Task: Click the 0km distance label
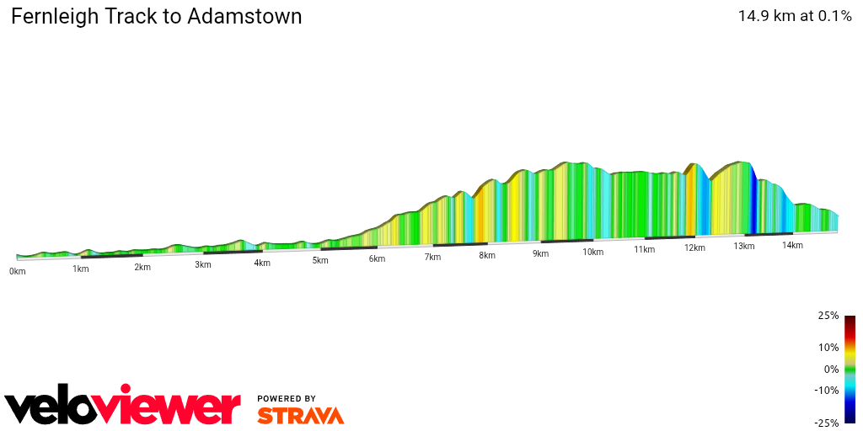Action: tap(17, 271)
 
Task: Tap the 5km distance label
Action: tap(319, 260)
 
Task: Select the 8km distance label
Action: tap(486, 255)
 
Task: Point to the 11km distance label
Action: tap(644, 249)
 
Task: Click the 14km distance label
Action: tap(791, 245)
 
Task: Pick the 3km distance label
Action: tap(202, 264)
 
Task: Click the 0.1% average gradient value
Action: tap(834, 16)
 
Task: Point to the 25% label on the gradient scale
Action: tap(828, 316)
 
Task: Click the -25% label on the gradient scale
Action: tap(827, 423)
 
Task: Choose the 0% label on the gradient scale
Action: tap(831, 369)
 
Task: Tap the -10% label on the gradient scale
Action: tap(827, 390)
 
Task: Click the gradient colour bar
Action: tap(850, 369)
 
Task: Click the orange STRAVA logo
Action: tap(300, 415)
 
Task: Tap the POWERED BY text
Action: tap(287, 398)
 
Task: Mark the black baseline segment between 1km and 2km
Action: tap(111, 255)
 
